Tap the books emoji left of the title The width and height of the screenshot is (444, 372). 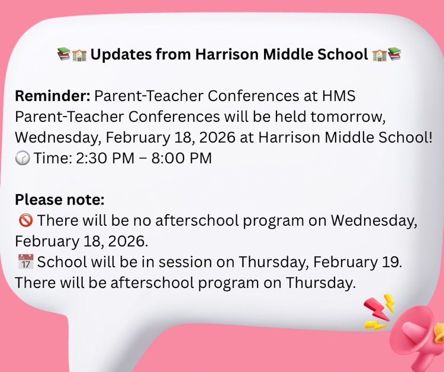tap(63, 55)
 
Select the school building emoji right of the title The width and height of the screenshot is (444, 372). tap(379, 55)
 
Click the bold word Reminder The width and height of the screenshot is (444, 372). tap(52, 95)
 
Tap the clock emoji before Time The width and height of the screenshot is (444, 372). tap(22, 158)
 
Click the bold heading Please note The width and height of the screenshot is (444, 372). tap(59, 199)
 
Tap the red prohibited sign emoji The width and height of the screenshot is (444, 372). tap(25, 221)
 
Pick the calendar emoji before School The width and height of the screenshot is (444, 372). tap(25, 262)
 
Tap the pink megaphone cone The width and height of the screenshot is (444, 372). tap(414, 334)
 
